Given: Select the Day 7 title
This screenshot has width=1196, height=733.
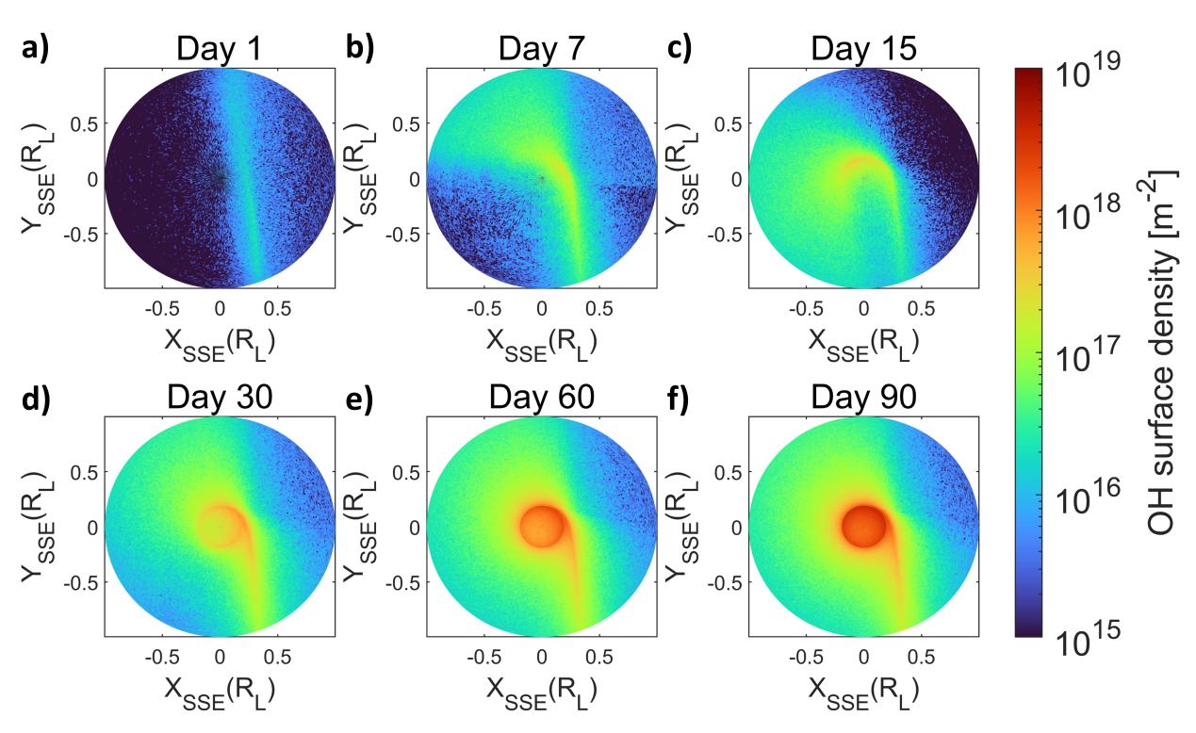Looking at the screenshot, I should pos(541,49).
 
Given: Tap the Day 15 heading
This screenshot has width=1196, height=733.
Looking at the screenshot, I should pos(863,49).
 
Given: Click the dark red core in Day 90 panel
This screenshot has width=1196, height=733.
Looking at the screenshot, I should pos(862,524).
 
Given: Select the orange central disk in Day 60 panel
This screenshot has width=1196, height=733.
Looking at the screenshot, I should pos(541,524).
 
